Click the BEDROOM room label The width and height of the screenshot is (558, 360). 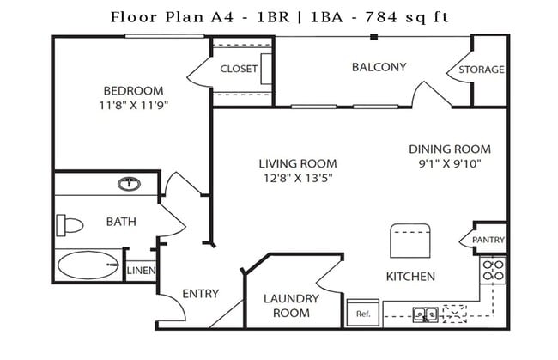pyautogui.click(x=133, y=91)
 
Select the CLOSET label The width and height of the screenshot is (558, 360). pyautogui.click(x=240, y=69)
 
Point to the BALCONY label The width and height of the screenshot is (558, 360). pyautogui.click(x=379, y=67)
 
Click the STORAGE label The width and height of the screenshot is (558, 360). pyautogui.click(x=481, y=70)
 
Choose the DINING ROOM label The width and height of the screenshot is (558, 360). pyautogui.click(x=449, y=148)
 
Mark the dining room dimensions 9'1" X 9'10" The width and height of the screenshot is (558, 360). pyautogui.click(x=449, y=162)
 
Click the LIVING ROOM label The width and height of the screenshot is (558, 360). pyautogui.click(x=298, y=163)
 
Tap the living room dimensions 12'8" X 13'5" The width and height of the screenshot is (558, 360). pyautogui.click(x=298, y=178)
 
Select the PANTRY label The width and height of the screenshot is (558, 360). pyautogui.click(x=488, y=240)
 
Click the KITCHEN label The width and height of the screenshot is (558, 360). pyautogui.click(x=409, y=277)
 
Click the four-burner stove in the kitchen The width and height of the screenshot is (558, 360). pyautogui.click(x=493, y=271)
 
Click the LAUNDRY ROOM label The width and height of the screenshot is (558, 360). pyautogui.click(x=291, y=306)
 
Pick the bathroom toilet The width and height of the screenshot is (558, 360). pyautogui.click(x=70, y=226)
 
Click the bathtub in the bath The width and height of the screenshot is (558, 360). pyautogui.click(x=88, y=265)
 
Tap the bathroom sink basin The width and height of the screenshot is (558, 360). pyautogui.click(x=130, y=183)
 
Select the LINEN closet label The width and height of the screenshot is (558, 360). pyautogui.click(x=140, y=271)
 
